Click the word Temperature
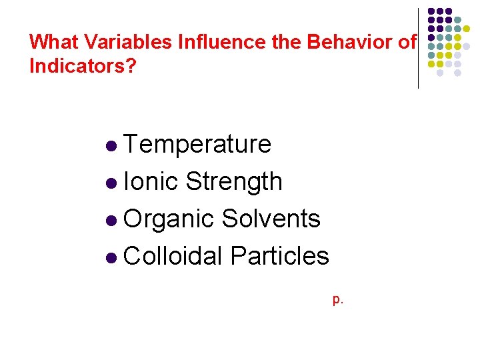(197, 145)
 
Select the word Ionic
(151, 181)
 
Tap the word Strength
(234, 181)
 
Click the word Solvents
(271, 219)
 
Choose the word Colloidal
(173, 256)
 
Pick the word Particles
(279, 256)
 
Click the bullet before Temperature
(111, 145)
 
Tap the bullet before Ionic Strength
(111, 183)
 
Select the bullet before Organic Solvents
(111, 220)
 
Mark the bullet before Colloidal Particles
(111, 257)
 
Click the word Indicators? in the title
(81, 67)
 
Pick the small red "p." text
(338, 300)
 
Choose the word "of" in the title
(406, 43)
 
